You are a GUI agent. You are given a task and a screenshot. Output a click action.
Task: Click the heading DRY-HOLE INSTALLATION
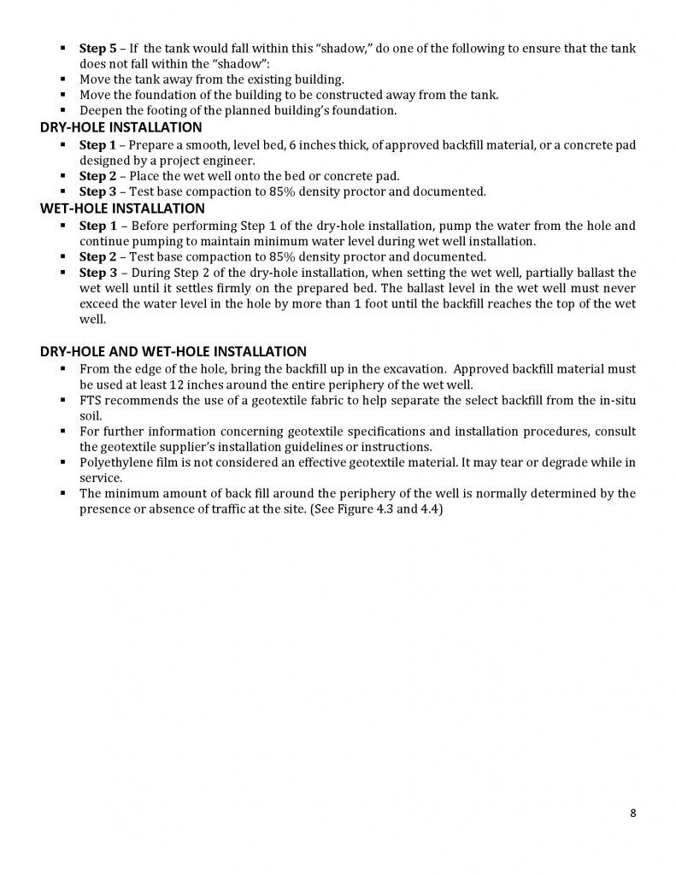tap(121, 127)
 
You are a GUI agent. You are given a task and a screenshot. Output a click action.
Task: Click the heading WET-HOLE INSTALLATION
tap(122, 208)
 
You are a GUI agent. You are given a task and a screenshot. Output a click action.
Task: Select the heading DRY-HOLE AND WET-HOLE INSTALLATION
tap(173, 351)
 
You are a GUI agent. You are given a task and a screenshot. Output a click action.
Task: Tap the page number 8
tap(632, 813)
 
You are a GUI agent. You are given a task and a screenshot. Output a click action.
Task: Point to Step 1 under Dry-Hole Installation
tap(97, 144)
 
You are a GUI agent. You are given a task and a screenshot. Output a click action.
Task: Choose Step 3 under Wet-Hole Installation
tap(97, 273)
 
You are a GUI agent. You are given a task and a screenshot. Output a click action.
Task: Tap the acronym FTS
tap(90, 400)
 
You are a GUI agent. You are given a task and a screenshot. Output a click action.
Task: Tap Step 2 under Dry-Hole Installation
tap(97, 176)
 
